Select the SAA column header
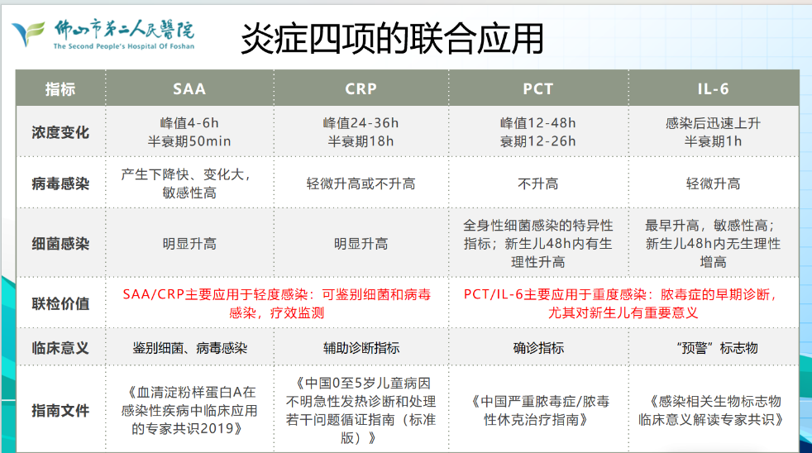(x=189, y=89)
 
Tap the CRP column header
(x=361, y=89)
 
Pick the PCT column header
(x=537, y=89)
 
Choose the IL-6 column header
(x=713, y=89)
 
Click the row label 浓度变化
(x=60, y=132)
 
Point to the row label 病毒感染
(x=60, y=184)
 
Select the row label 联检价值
(x=60, y=303)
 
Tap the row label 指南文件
(x=60, y=410)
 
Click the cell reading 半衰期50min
(x=189, y=141)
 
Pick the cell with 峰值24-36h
(x=361, y=123)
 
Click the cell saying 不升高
(x=537, y=184)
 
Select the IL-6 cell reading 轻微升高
(x=713, y=184)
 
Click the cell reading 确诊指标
(x=537, y=348)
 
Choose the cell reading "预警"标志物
(x=713, y=348)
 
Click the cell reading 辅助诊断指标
(x=361, y=348)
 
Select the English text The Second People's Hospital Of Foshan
(x=123, y=47)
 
